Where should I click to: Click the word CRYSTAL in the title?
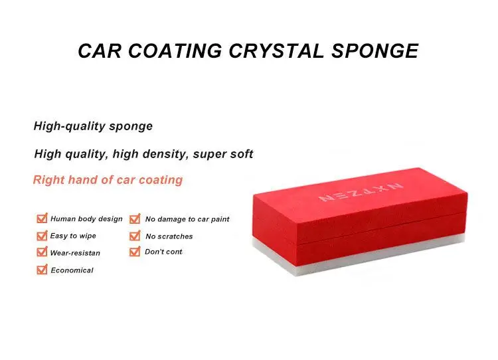pyautogui.click(x=276, y=51)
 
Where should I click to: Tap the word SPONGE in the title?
pyautogui.click(x=374, y=51)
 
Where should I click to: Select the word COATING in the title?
pyautogui.click(x=175, y=51)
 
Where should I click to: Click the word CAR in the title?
pyautogui.click(x=100, y=51)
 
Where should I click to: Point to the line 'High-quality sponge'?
pyautogui.click(x=93, y=126)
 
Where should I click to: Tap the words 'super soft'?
pyautogui.click(x=223, y=154)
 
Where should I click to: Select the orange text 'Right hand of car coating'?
pyautogui.click(x=108, y=180)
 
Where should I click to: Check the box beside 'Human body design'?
pyautogui.click(x=42, y=219)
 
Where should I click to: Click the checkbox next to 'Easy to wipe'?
pyautogui.click(x=42, y=235)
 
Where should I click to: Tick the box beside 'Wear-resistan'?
pyautogui.click(x=42, y=252)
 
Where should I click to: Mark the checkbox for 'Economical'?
pyautogui.click(x=42, y=270)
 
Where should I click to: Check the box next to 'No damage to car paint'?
pyautogui.click(x=135, y=219)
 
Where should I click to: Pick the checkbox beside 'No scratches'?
pyautogui.click(x=135, y=236)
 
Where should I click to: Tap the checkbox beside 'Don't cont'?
pyautogui.click(x=135, y=252)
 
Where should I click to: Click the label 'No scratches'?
pyautogui.click(x=169, y=236)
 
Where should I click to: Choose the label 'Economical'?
pyautogui.click(x=72, y=270)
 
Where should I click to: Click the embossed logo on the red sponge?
pyautogui.click(x=361, y=192)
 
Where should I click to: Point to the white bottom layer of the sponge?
pyautogui.click(x=359, y=258)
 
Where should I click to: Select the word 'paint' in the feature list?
pyautogui.click(x=220, y=220)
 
